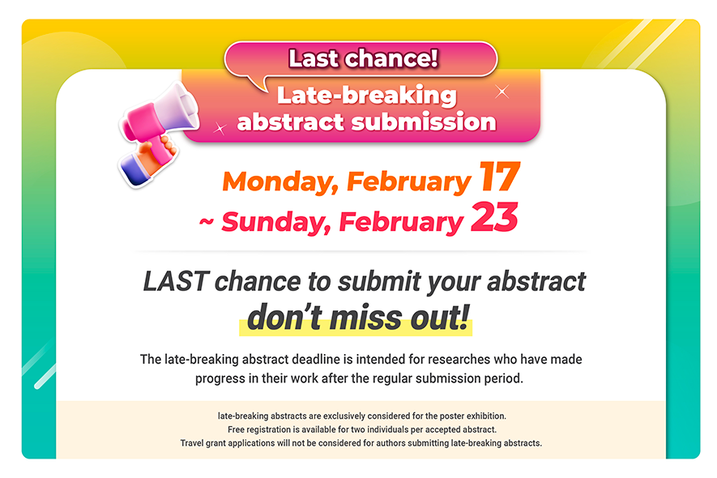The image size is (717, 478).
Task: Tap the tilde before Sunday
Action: (x=207, y=221)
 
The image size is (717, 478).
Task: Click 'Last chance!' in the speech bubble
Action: (x=363, y=58)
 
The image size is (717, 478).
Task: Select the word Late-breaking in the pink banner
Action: (x=367, y=96)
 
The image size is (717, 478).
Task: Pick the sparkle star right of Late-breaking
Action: (x=502, y=92)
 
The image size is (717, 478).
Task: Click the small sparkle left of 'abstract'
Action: (x=220, y=129)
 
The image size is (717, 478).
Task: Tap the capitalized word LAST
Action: (x=176, y=281)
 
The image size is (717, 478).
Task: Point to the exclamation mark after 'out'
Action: (x=464, y=317)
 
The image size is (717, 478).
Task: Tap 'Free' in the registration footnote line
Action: (x=236, y=429)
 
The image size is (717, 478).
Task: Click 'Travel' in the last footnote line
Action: (x=192, y=443)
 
